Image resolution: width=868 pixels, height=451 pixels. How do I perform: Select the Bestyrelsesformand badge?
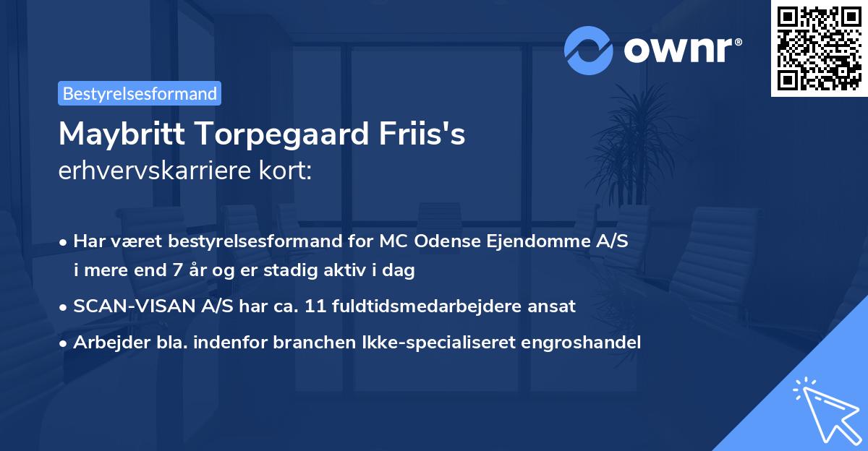click(140, 93)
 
